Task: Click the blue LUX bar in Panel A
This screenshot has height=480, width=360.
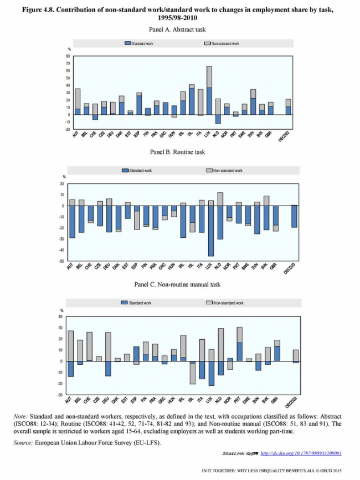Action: coord(209,101)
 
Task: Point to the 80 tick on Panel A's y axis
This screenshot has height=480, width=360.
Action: coord(68,56)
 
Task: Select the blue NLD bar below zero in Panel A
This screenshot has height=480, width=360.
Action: coord(218,119)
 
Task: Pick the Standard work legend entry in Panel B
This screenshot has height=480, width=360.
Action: coord(141,171)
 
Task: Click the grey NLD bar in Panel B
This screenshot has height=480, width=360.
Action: coord(220,199)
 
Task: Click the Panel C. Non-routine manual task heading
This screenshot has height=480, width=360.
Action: coord(178,284)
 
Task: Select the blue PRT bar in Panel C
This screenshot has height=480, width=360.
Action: coord(239,351)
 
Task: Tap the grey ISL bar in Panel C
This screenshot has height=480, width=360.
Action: coord(193,374)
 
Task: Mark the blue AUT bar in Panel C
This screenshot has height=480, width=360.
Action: coord(71,369)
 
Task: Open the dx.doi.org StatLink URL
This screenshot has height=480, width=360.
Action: coord(301,453)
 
